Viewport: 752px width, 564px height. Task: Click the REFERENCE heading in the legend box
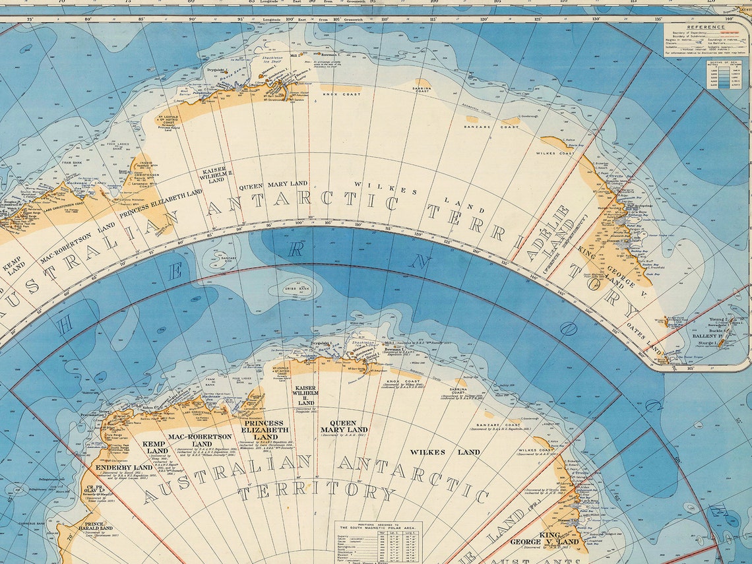[x=705, y=27]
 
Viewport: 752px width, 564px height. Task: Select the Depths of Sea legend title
[x=724, y=63]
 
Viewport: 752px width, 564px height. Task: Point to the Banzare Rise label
[x=228, y=258]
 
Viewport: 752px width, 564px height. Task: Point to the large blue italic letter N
[x=418, y=261]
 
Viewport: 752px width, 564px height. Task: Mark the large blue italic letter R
[x=297, y=249]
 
